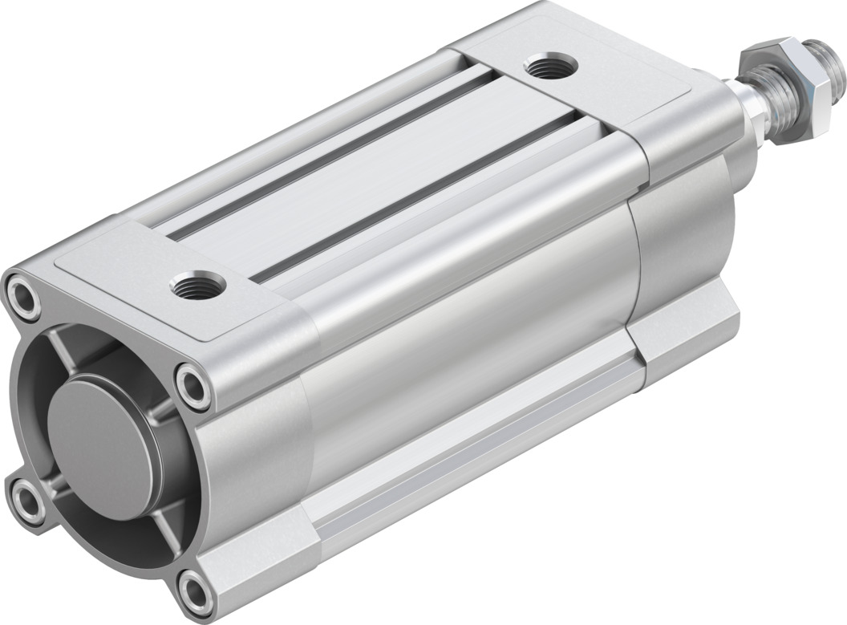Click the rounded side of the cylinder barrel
coord(465,321)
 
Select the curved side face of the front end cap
coord(682,241)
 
